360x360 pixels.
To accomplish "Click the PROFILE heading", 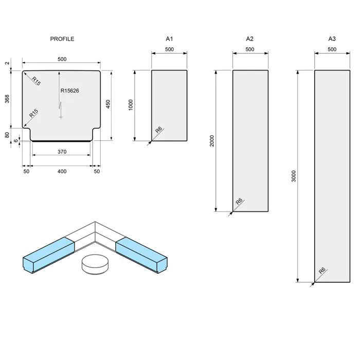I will [x=62, y=39].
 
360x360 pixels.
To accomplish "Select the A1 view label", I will [x=169, y=39].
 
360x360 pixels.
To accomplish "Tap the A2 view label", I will [x=250, y=39].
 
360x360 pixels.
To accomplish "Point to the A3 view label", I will [x=332, y=39].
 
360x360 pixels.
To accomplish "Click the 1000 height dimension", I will [x=131, y=105].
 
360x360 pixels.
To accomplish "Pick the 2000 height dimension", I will [x=212, y=140].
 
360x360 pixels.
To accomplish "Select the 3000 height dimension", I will [x=294, y=177].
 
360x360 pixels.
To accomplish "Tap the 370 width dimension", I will [x=62, y=152].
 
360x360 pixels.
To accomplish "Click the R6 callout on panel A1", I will [x=158, y=131].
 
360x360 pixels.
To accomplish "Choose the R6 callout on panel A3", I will [x=322, y=271].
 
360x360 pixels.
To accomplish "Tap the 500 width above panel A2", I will [x=250, y=49].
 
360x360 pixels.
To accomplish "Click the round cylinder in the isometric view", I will [x=95, y=264].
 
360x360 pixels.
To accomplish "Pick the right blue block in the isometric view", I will [x=142, y=254].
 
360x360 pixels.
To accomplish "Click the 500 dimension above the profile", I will [x=62, y=59].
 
